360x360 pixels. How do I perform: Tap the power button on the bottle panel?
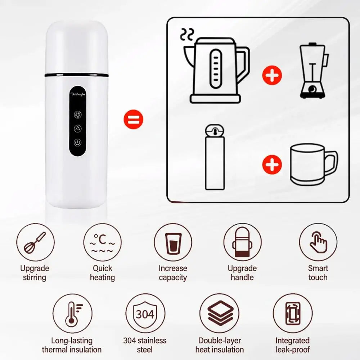click(x=77, y=143)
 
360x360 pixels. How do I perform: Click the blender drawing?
click(x=313, y=70)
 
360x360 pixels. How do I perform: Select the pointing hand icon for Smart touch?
click(x=318, y=243)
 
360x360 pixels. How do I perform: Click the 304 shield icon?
click(x=145, y=314)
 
